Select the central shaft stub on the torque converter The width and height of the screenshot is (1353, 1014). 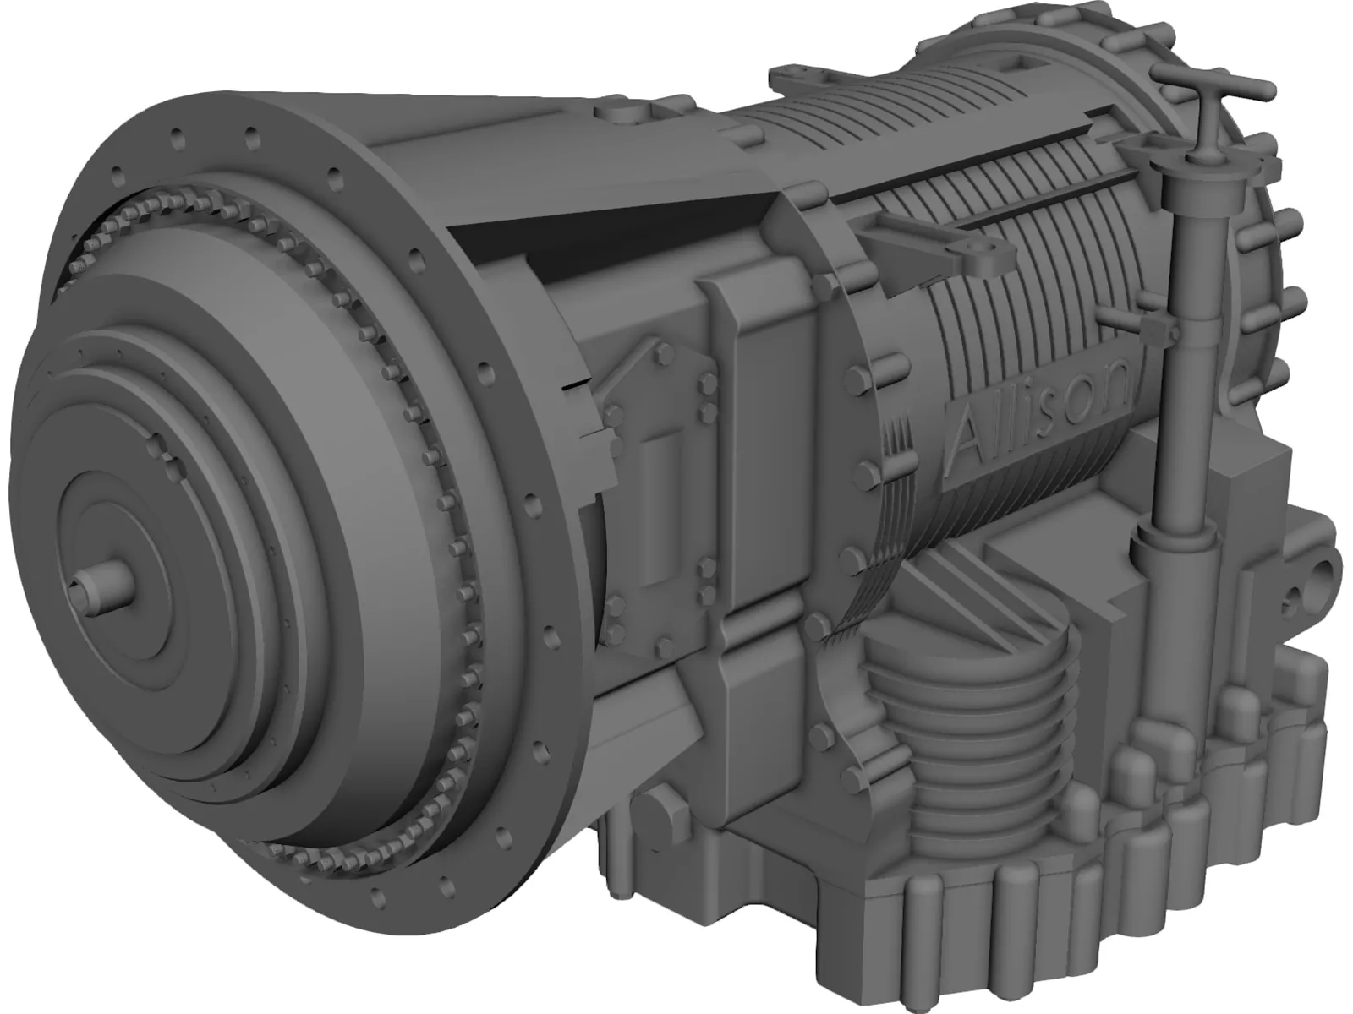99,584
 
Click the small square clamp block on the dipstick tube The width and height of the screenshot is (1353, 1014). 1157,330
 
